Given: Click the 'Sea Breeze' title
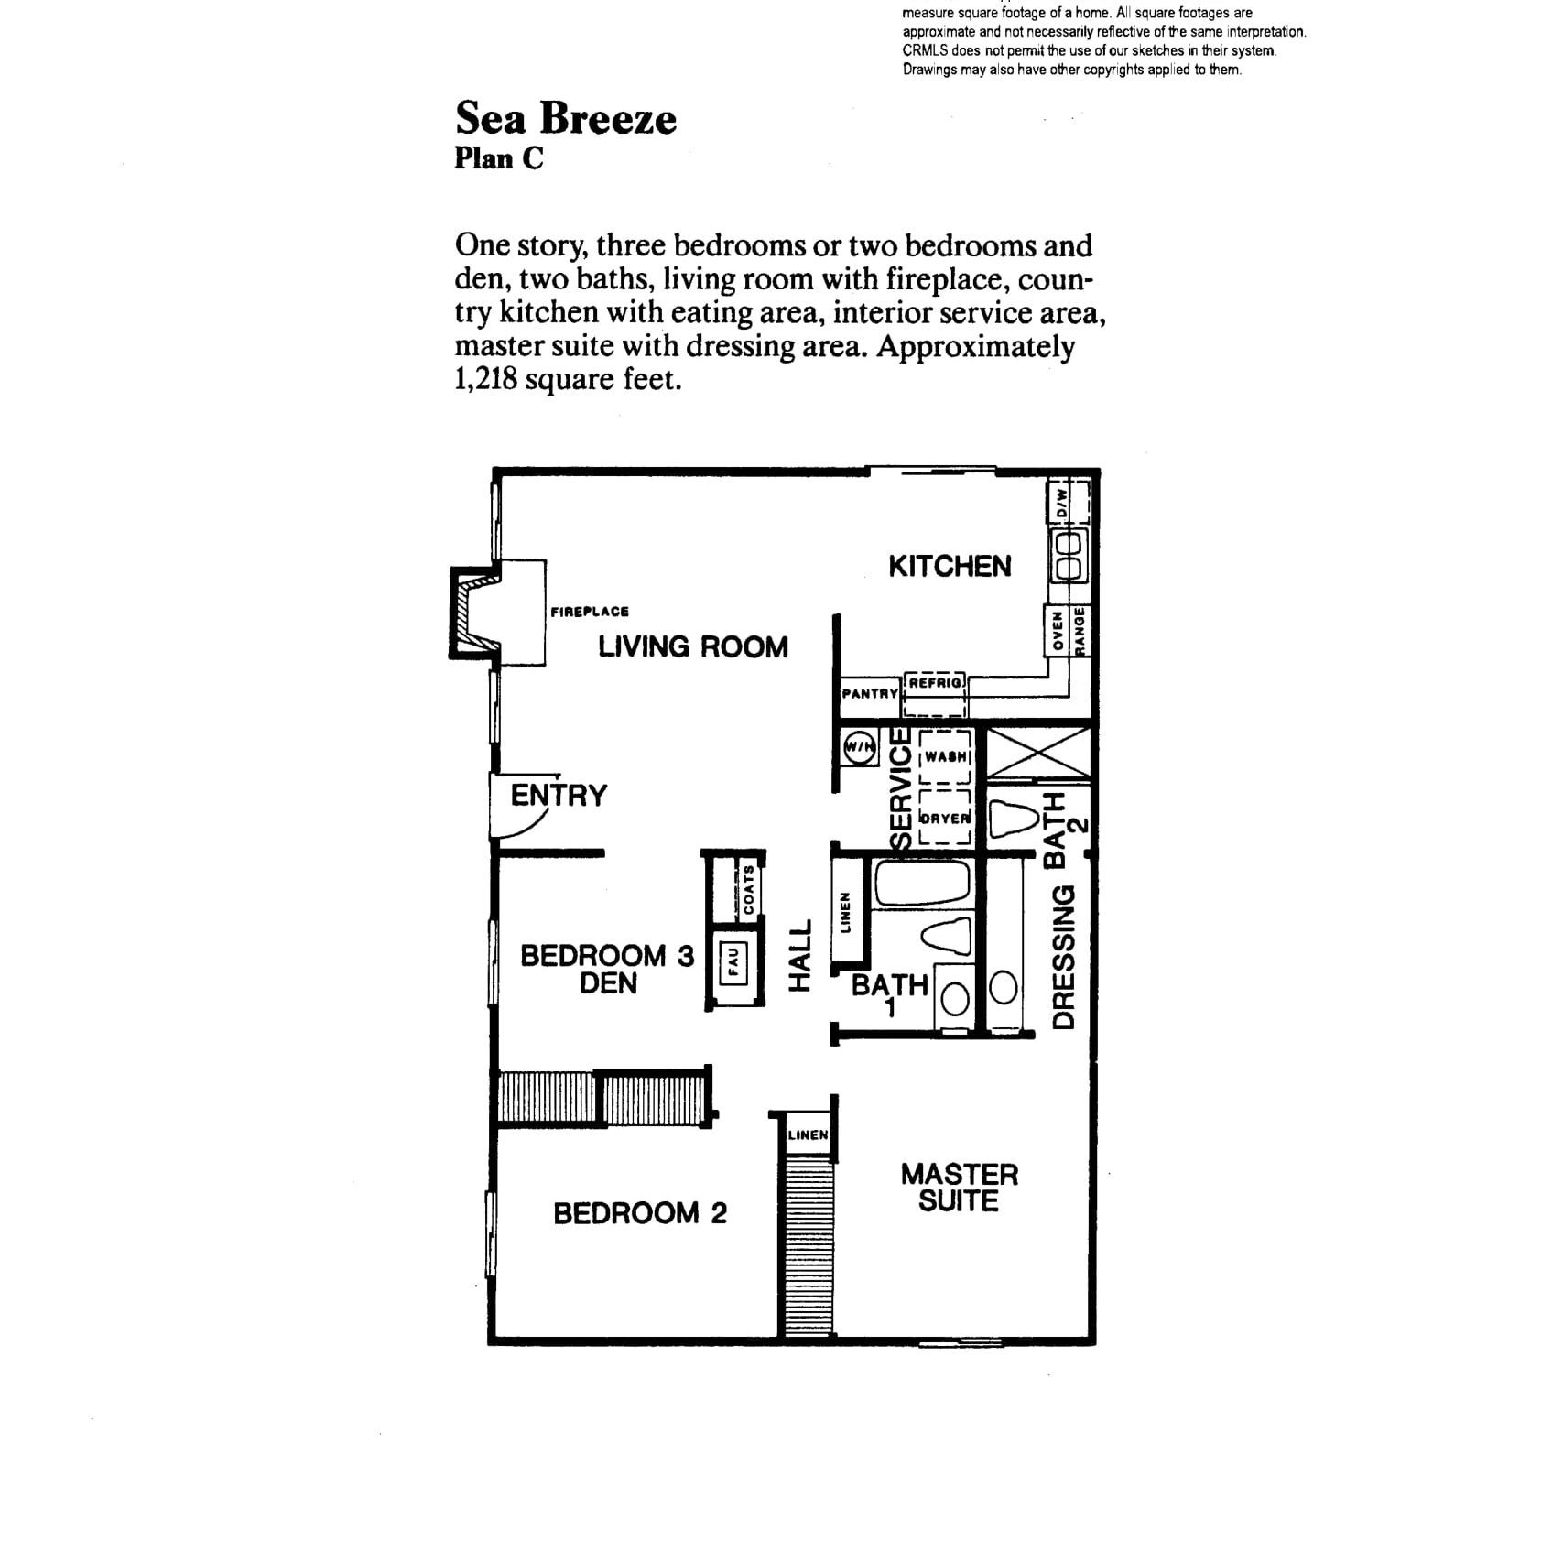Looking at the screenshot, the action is pyautogui.click(x=566, y=118).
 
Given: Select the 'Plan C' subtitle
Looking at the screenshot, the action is pyautogui.click(x=499, y=158).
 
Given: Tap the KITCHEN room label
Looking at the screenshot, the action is pyautogui.click(x=950, y=566).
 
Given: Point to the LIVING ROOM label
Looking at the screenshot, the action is pyautogui.click(x=693, y=646).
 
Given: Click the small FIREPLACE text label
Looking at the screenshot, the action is pyautogui.click(x=590, y=612).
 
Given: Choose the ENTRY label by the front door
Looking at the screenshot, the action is pyautogui.click(x=559, y=795).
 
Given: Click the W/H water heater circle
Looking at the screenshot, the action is pyautogui.click(x=859, y=748).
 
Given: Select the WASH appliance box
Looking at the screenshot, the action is pyautogui.click(x=945, y=756).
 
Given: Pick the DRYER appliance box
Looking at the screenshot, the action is pyautogui.click(x=945, y=817).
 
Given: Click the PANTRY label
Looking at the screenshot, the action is pyautogui.click(x=870, y=694).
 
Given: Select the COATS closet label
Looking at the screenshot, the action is pyautogui.click(x=749, y=889).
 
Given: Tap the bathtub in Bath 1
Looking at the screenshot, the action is pyautogui.click(x=922, y=883).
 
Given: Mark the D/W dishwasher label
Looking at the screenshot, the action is pyautogui.click(x=1062, y=502).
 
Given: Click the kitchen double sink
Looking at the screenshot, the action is pyautogui.click(x=1069, y=556).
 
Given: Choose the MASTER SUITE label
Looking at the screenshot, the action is pyautogui.click(x=959, y=1188).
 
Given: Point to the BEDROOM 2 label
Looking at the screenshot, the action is pyautogui.click(x=640, y=1213).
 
